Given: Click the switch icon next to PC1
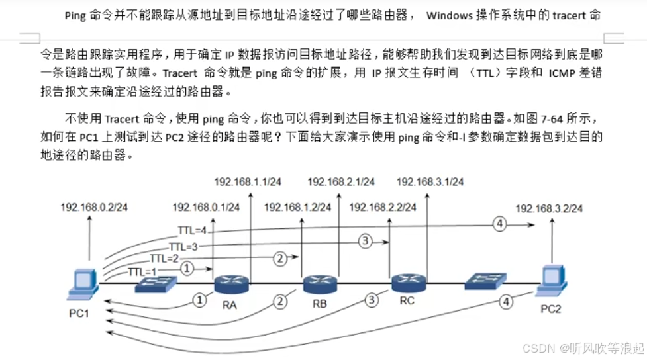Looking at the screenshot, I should (156, 285).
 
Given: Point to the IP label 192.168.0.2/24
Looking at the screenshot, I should (94, 207).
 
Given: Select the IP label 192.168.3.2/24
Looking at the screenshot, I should (549, 208).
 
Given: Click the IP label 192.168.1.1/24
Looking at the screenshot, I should (248, 181).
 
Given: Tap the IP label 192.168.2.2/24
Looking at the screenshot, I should (384, 207).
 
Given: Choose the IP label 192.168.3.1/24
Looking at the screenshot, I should (430, 181).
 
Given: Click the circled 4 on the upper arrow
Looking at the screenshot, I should (500, 224).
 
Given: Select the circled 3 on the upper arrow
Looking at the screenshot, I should (365, 241).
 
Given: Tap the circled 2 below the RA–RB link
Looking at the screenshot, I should (281, 302).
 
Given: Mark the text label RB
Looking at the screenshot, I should (320, 306).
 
